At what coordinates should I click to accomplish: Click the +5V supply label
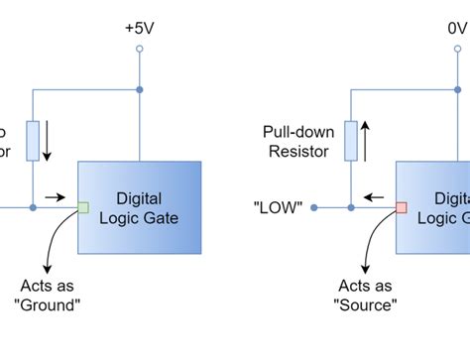(140, 28)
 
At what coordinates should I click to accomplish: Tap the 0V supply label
(457, 28)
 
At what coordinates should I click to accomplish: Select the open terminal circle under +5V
(140, 48)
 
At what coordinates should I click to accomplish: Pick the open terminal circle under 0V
(457, 48)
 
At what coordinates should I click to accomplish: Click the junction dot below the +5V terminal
(140, 90)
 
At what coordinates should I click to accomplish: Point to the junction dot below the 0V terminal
(457, 90)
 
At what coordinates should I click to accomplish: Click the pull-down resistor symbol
(351, 141)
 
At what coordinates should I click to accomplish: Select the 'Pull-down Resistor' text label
(298, 141)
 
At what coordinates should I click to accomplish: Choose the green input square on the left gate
(83, 207)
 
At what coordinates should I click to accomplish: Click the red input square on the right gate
(402, 207)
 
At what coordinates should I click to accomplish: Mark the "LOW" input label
(279, 208)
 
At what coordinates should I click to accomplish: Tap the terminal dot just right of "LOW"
(314, 207)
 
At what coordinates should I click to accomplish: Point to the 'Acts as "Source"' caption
(366, 296)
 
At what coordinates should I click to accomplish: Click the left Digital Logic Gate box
(140, 206)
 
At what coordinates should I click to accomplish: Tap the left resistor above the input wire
(34, 141)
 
